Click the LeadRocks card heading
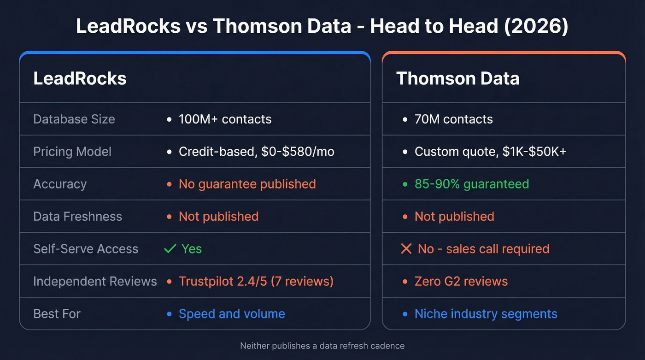coord(80,78)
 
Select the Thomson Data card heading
coord(457,78)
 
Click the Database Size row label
coord(74,119)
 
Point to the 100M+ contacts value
coord(225,119)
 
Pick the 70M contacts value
coord(453,119)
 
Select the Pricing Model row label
coord(72,152)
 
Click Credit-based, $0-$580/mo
coord(256,152)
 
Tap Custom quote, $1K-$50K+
coord(490,152)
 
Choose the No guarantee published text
coord(247,184)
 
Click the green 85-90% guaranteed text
coord(471,184)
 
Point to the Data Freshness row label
coord(77,216)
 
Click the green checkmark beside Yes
coord(170,249)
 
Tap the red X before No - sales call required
coord(406,249)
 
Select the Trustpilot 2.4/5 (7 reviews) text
coord(256,281)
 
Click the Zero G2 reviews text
coord(461,281)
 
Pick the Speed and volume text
coord(232,314)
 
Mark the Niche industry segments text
coord(486,314)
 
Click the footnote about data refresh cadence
coord(322,346)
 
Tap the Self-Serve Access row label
coord(86,249)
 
